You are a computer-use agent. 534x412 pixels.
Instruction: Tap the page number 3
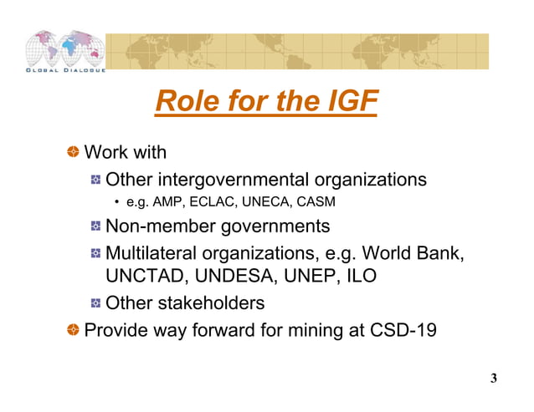coord(494,379)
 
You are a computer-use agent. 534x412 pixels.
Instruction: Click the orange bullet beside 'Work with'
coord(74,152)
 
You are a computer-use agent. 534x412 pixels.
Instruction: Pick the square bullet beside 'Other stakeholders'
coord(96,303)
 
